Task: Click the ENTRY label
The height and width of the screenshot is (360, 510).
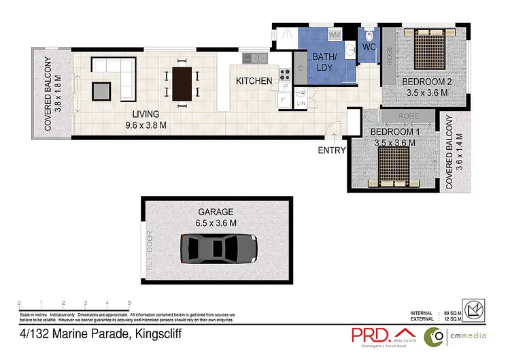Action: tap(332, 150)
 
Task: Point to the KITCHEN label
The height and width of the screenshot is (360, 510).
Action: tap(254, 81)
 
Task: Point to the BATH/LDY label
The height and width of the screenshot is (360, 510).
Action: tap(324, 63)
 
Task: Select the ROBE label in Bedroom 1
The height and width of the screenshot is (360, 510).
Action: tap(409, 116)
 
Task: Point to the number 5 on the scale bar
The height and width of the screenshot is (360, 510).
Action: tap(129, 302)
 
